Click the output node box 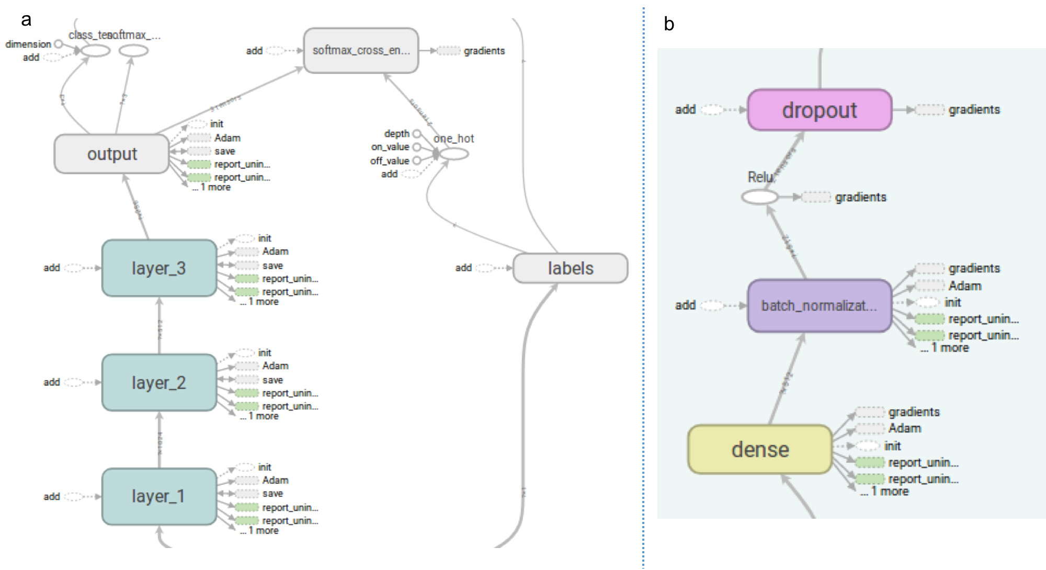point(112,154)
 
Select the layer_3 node point(159,268)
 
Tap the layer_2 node point(159,383)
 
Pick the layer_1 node point(159,496)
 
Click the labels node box point(570,268)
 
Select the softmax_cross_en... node point(361,51)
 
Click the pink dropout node point(820,110)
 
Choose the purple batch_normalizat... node point(820,306)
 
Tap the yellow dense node point(760,449)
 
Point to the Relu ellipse point(760,197)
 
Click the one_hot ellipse point(454,154)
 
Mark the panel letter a point(26,20)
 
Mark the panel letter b point(669,24)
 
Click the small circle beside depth point(417,134)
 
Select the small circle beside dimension point(59,44)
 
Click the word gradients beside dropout point(974,110)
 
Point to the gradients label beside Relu point(861,197)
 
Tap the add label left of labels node point(463,268)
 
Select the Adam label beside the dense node point(905,428)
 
